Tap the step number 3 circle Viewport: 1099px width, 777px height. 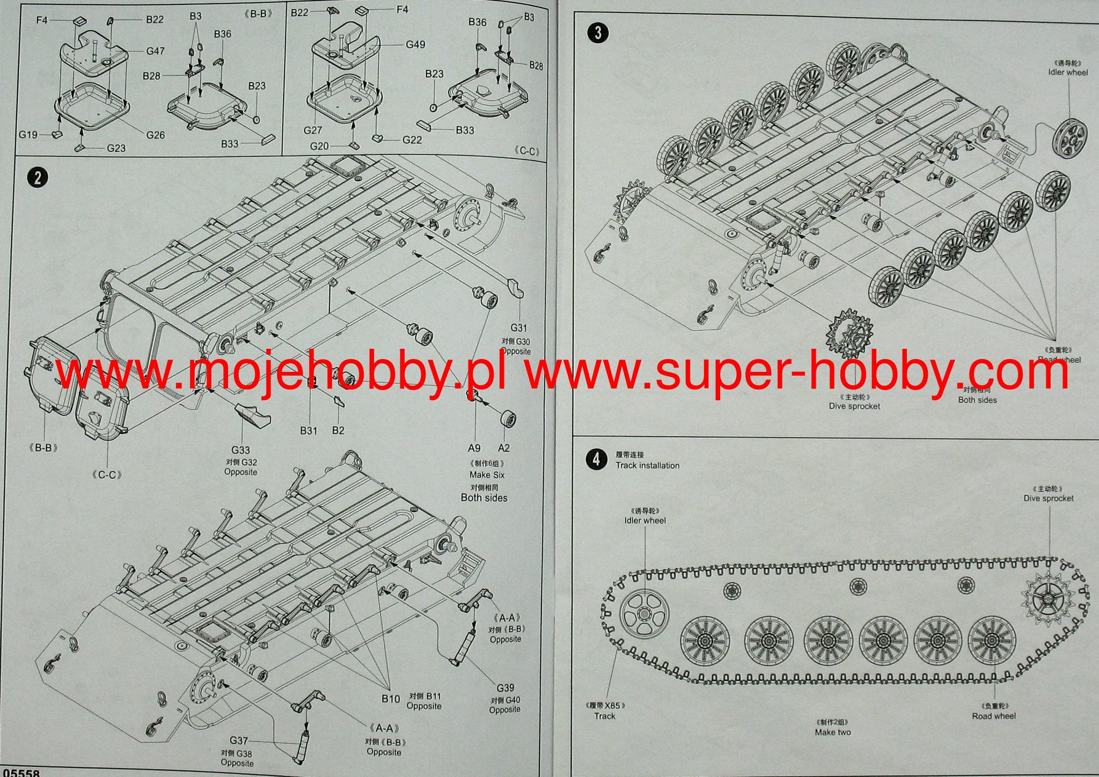tap(598, 33)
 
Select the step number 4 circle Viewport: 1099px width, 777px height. tap(596, 460)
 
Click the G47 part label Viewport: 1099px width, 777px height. tap(155, 51)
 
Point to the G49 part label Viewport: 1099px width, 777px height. tap(415, 45)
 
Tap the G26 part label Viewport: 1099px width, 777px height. tap(156, 135)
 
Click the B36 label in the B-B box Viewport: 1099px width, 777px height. tap(222, 34)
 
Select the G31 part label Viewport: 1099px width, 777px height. tap(518, 328)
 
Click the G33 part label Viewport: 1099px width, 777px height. tap(240, 450)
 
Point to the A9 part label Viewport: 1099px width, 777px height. tap(474, 448)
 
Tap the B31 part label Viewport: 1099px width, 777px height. tap(309, 430)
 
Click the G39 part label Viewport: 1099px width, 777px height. tap(505, 687)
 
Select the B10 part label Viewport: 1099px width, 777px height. tap(391, 699)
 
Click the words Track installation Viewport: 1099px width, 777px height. tap(647, 465)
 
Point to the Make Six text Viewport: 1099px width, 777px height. tap(487, 475)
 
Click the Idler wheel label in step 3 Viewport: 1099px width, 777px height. tap(1068, 72)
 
